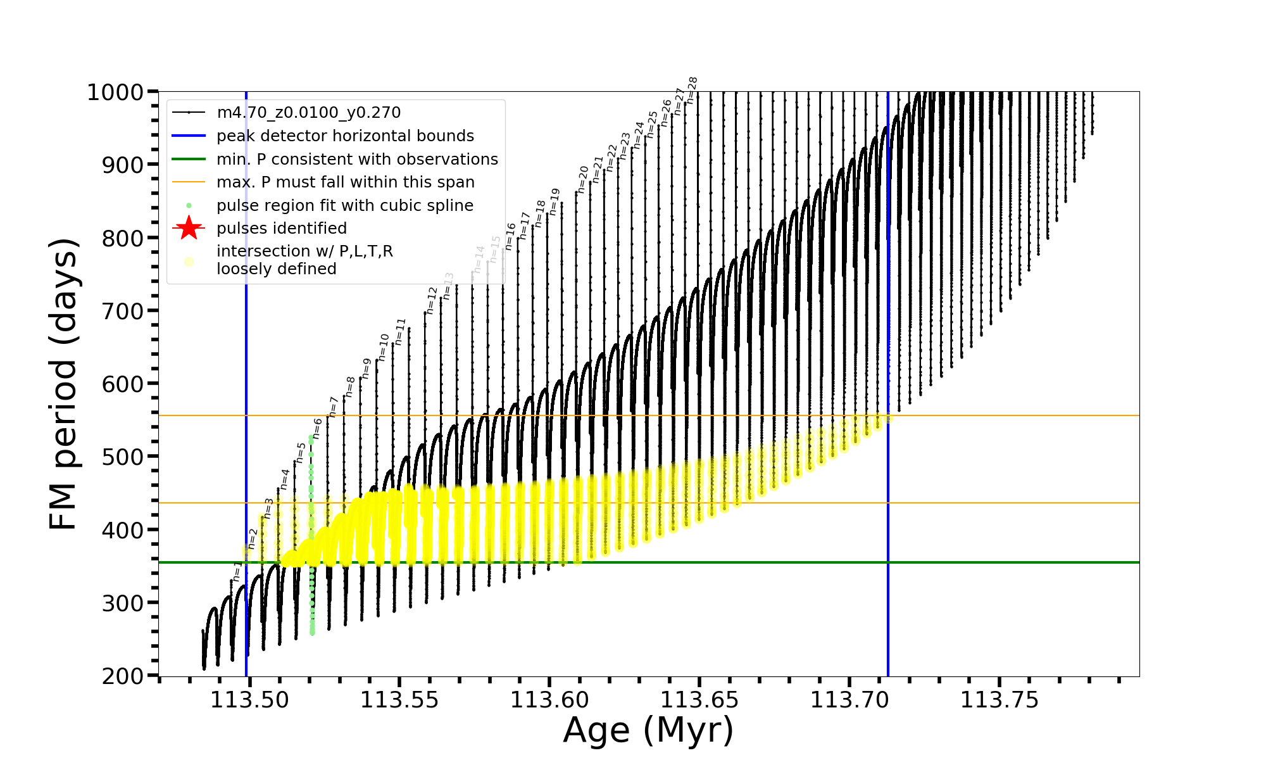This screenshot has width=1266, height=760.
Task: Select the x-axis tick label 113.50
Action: tap(249, 700)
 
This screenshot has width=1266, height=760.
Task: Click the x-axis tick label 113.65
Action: tap(699, 700)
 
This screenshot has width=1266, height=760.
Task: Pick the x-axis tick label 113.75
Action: tap(999, 700)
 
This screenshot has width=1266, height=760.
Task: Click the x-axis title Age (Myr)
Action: tap(648, 730)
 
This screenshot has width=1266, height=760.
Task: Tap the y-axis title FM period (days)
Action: tap(63, 384)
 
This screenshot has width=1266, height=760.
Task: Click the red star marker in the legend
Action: tap(189, 228)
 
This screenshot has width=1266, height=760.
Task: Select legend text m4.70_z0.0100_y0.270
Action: tap(308, 113)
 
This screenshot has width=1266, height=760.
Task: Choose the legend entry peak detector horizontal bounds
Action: tap(345, 136)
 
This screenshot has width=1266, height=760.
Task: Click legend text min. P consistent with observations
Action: tap(357, 159)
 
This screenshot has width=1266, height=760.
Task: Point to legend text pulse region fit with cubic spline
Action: tap(344, 206)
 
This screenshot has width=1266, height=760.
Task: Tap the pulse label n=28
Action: tap(692, 91)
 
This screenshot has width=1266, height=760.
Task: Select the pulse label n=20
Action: tap(583, 179)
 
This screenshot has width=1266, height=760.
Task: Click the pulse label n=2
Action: tap(253, 539)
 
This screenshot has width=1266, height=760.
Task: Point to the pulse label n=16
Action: tap(511, 236)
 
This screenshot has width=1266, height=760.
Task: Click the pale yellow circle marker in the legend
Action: tap(189, 261)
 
